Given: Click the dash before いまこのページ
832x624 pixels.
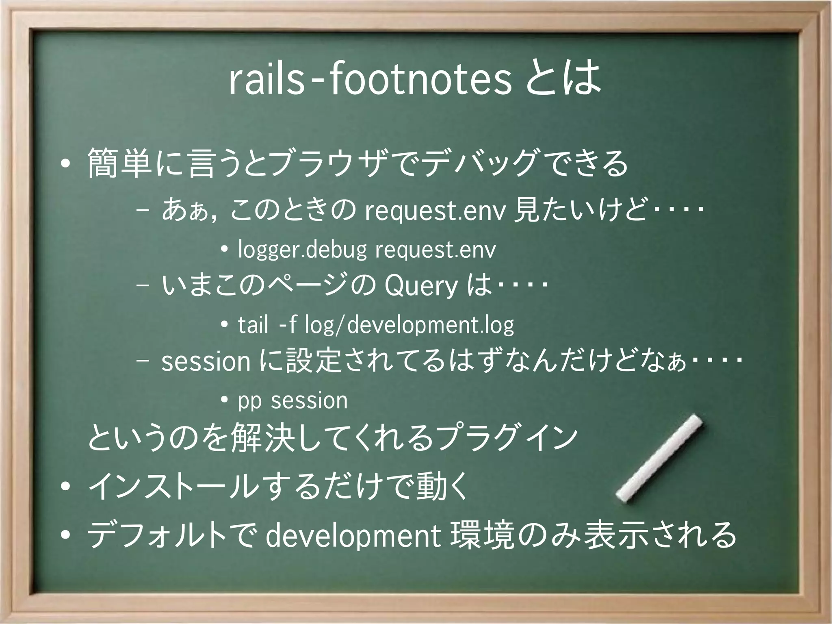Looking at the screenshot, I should pos(143,286).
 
